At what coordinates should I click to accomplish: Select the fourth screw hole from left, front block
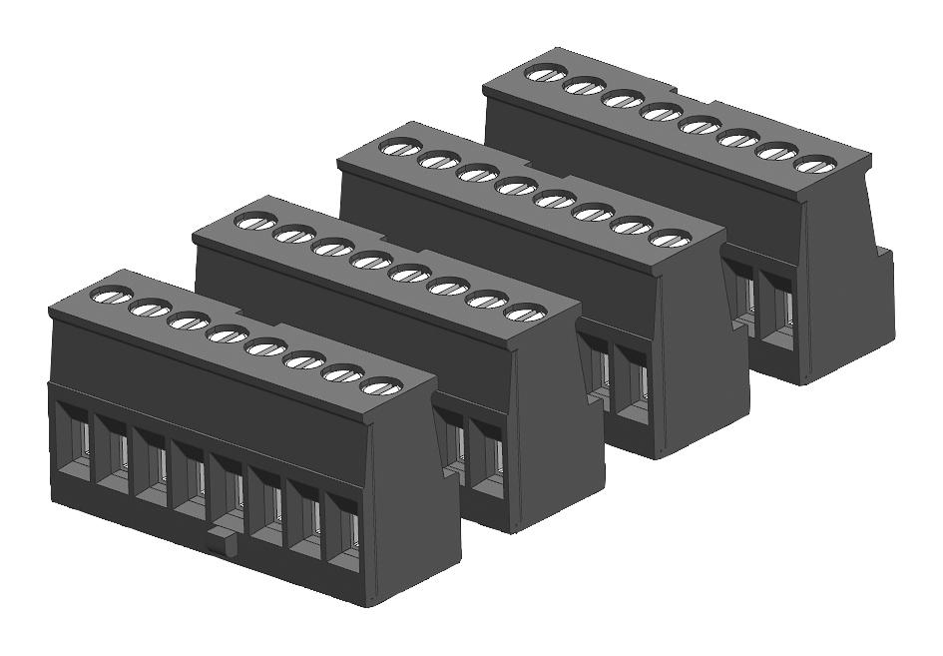(x=226, y=333)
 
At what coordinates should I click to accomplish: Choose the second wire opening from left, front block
(x=112, y=451)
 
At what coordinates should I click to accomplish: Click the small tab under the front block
(x=222, y=540)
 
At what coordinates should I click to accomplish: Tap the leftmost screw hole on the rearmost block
(x=544, y=73)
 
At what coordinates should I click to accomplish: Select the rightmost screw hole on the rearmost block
(x=815, y=165)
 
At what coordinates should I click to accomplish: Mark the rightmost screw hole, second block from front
(x=522, y=313)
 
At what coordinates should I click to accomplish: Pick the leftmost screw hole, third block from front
(x=399, y=148)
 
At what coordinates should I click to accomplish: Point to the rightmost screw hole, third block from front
(x=669, y=239)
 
